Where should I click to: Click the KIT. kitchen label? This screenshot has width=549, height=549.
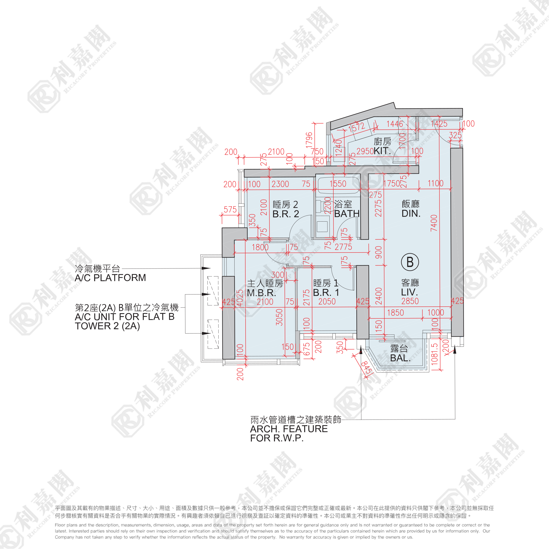[382, 151]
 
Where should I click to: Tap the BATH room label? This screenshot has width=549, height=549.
[347, 214]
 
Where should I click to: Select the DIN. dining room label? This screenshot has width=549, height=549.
[411, 213]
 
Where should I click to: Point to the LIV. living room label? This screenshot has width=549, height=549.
[410, 292]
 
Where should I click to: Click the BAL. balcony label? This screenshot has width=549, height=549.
[400, 358]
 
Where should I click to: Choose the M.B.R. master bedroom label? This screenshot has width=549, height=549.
[262, 293]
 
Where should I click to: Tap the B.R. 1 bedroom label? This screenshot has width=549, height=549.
[326, 292]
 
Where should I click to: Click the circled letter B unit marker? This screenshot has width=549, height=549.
[410, 262]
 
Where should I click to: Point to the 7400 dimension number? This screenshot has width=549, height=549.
[434, 223]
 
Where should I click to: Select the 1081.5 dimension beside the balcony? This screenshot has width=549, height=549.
[434, 354]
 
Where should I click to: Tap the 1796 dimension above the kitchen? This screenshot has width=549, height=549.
[309, 140]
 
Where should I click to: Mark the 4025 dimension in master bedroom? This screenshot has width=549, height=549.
[240, 298]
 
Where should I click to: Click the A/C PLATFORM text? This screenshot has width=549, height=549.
[110, 278]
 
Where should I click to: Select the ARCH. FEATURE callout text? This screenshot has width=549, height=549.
[289, 429]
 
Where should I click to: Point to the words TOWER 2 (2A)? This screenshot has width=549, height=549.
[107, 326]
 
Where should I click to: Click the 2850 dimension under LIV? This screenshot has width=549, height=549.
[410, 301]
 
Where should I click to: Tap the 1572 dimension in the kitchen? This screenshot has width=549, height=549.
[357, 127]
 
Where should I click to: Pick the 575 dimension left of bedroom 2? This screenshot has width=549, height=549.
[230, 210]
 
